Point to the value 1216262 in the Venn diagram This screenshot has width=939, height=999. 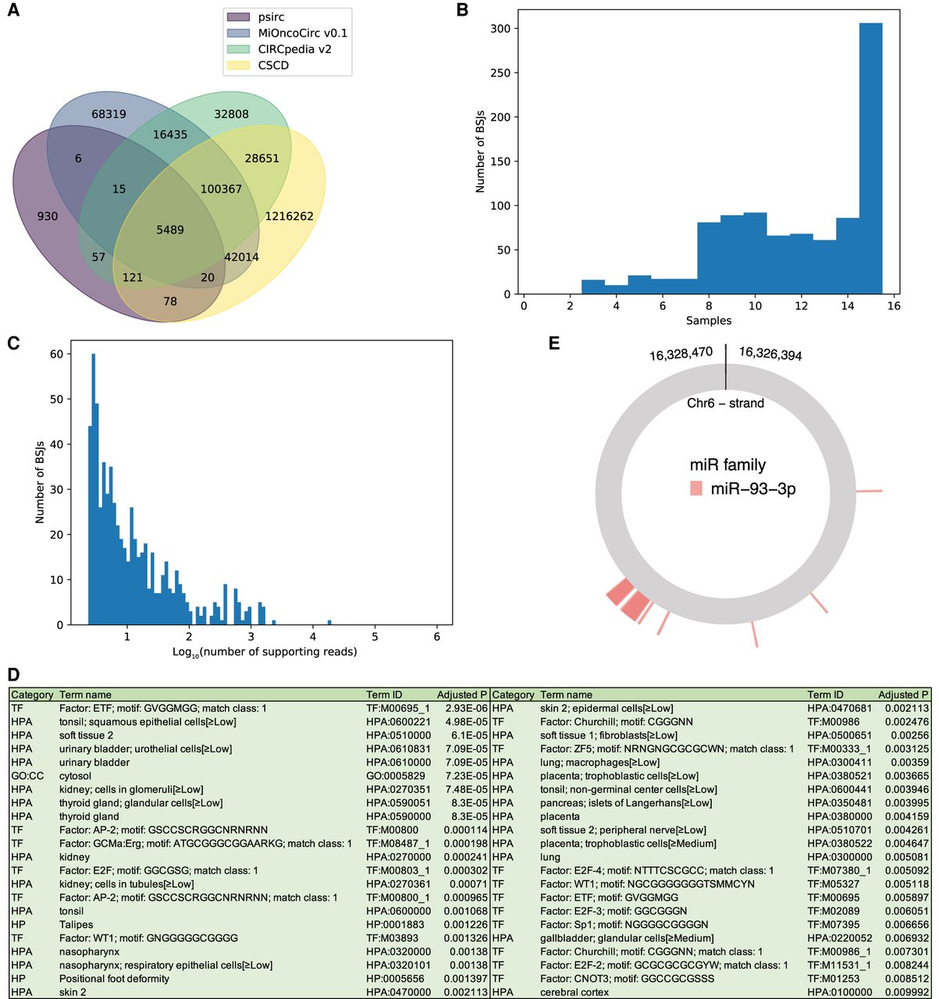tap(289, 216)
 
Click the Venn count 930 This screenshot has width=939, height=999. tap(48, 216)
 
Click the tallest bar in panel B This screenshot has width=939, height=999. tap(870, 156)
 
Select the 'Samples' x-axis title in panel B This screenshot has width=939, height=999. tap(709, 321)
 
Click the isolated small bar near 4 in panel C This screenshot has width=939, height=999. tap(329, 622)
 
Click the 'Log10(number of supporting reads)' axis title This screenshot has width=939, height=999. tap(265, 651)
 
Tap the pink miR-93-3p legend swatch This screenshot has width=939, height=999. tap(695, 489)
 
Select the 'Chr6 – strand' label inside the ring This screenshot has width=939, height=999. tap(725, 403)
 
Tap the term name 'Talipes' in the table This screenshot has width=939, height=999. tap(76, 924)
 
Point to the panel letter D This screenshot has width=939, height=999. tap(14, 674)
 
